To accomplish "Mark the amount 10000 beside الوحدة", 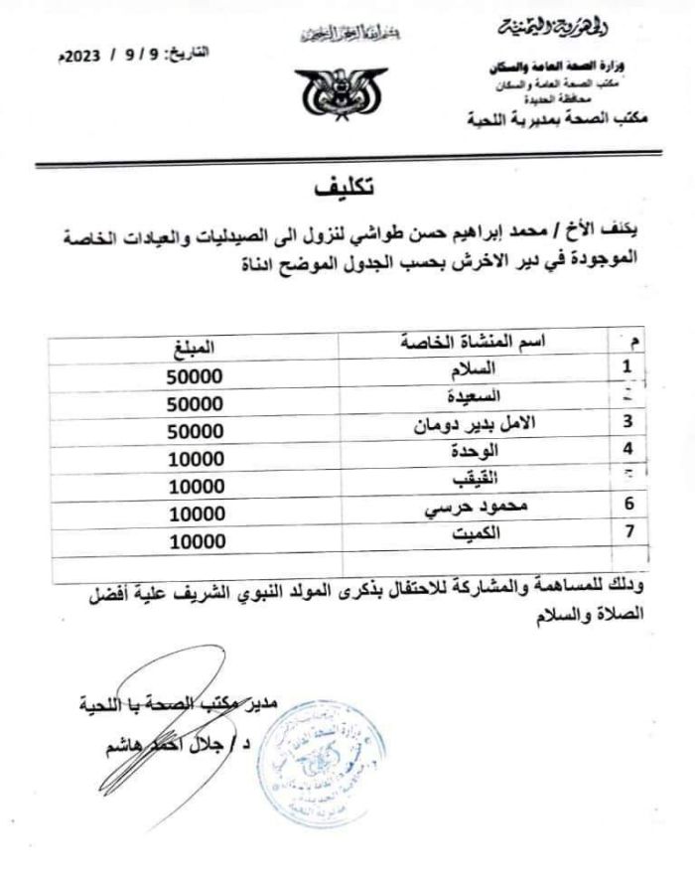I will tap(196, 459).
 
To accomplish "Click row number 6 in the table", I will tap(627, 505).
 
